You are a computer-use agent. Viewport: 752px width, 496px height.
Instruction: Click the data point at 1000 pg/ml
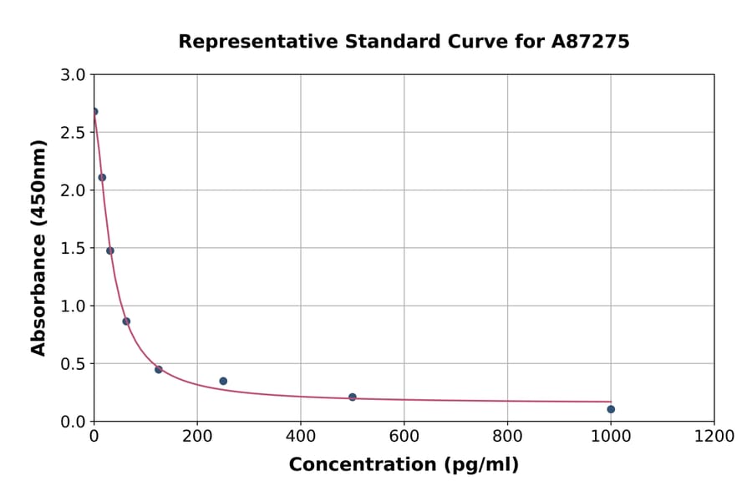(x=611, y=409)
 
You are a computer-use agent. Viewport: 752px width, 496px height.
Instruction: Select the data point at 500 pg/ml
(x=352, y=397)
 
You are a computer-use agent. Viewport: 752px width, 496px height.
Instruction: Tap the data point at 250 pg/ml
(x=223, y=381)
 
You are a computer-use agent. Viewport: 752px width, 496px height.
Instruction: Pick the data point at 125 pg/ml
(x=158, y=369)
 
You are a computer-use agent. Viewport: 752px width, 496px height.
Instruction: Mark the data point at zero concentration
(x=94, y=111)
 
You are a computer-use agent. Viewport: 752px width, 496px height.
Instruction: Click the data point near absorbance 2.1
(x=102, y=177)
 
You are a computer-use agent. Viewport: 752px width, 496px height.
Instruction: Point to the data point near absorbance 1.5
(x=109, y=251)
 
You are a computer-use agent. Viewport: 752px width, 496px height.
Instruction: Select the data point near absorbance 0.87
(x=126, y=321)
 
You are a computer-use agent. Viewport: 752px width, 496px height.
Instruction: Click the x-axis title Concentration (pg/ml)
(x=404, y=465)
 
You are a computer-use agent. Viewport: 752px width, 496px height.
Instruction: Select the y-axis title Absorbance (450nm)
(x=38, y=247)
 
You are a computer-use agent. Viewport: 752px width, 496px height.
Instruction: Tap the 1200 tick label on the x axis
(x=714, y=437)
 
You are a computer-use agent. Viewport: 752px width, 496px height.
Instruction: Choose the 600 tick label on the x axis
(x=404, y=437)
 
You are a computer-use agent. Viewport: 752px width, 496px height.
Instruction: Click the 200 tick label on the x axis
(x=197, y=437)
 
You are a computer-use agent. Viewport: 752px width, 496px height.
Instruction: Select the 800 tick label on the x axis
(x=507, y=437)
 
